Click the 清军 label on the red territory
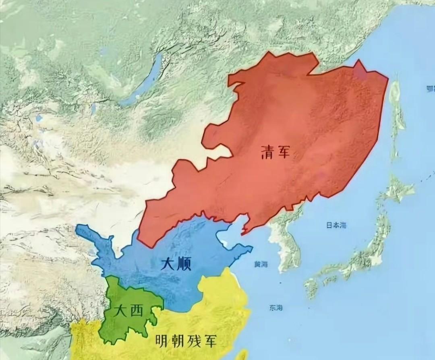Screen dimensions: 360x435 (275, 152)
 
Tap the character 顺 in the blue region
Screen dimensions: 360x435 (183, 264)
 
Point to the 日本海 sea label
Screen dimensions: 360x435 (336, 226)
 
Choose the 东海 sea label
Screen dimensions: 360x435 (276, 308)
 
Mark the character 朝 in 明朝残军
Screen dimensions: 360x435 (180, 341)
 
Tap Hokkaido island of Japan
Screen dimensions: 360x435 (397, 189)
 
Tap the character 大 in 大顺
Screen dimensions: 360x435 (168, 264)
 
